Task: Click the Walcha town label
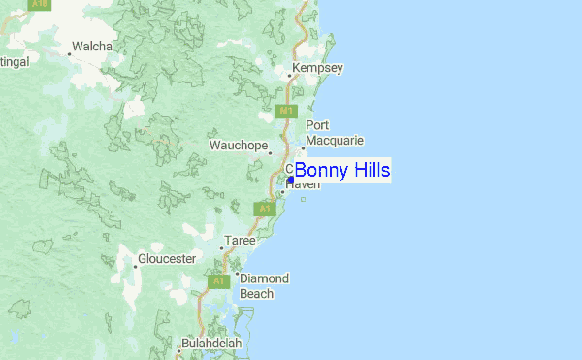point(92,46)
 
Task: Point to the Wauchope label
point(239,146)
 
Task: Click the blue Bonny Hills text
point(342,171)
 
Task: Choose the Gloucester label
point(167,259)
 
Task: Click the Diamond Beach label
point(264,286)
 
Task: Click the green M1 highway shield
point(286,112)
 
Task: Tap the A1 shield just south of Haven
point(264,209)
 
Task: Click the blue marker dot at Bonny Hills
point(291,180)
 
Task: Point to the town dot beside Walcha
point(69,53)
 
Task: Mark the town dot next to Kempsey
point(288,75)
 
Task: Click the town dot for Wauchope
point(271,152)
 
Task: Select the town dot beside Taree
point(221,248)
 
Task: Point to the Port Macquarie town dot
point(303,148)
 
